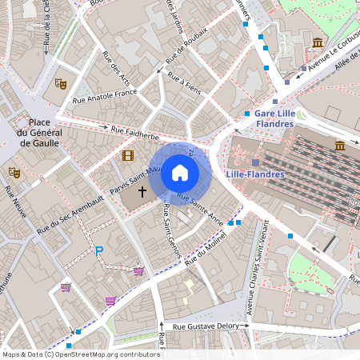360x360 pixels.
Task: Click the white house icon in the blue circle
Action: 180,173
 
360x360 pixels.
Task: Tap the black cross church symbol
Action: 143,191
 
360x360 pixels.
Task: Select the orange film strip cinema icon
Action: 128,154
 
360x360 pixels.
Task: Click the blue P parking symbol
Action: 99,251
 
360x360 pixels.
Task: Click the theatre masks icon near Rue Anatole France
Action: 60,82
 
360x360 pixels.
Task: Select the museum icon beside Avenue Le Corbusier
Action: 318,42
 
